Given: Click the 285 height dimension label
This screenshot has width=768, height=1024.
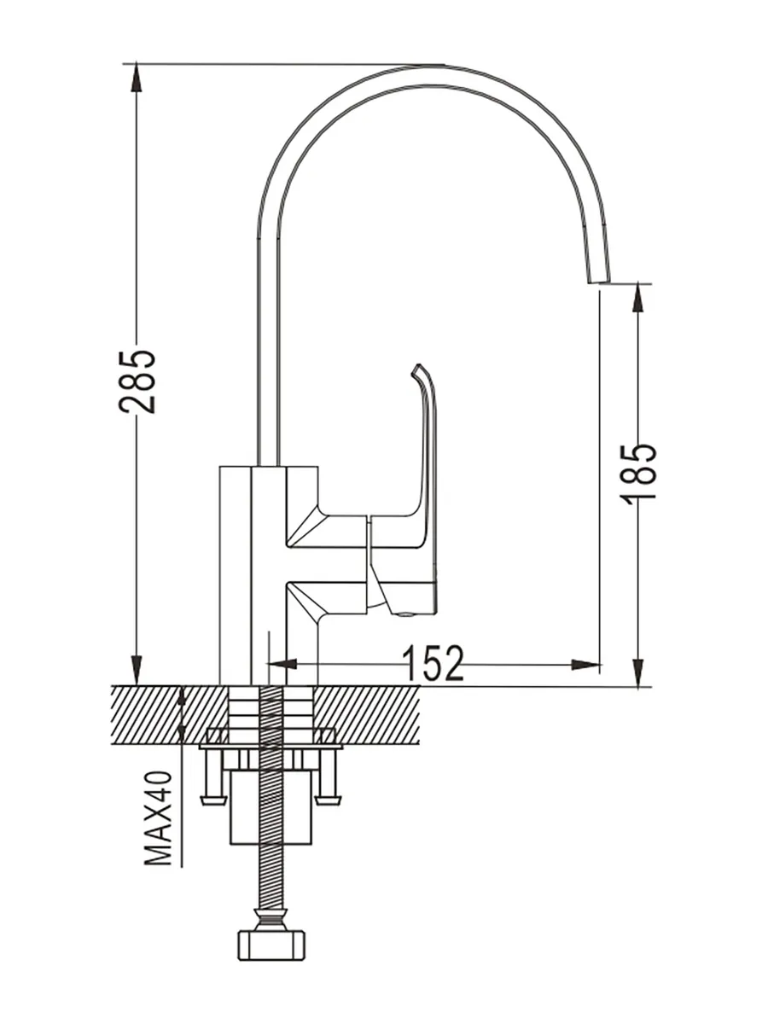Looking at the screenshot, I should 137,381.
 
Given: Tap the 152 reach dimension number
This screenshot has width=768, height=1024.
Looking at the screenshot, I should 432,663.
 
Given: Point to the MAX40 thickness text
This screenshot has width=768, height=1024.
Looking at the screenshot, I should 159,817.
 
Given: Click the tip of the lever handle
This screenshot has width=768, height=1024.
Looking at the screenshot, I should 417,369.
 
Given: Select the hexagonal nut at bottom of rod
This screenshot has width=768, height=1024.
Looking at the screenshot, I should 271,944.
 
